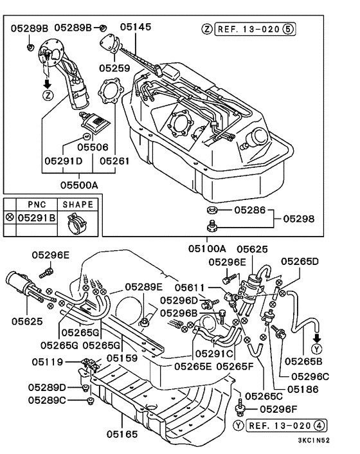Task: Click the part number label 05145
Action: pyautogui.click(x=136, y=27)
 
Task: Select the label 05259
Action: pyautogui.click(x=114, y=68)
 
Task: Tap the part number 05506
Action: pyautogui.click(x=93, y=147)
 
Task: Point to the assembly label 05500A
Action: pyautogui.click(x=79, y=185)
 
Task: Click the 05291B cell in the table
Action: pyautogui.click(x=37, y=218)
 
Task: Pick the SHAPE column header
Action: pyautogui.click(x=78, y=204)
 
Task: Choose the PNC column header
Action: pyautogui.click(x=37, y=204)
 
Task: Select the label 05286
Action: pyautogui.click(x=249, y=210)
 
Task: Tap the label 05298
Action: pyautogui.click(x=299, y=219)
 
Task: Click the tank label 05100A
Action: pyautogui.click(x=207, y=248)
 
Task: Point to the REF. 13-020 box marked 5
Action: pyautogui.click(x=255, y=29)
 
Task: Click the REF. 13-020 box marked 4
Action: pyautogui.click(x=286, y=425)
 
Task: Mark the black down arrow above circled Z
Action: pyautogui.click(x=47, y=84)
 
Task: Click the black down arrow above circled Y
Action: pyautogui.click(x=318, y=338)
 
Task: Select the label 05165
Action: pyautogui.click(x=122, y=434)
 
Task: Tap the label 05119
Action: pyautogui.click(x=48, y=362)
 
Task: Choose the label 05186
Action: pyautogui.click(x=303, y=390)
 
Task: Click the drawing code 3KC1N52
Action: pyautogui.click(x=314, y=440)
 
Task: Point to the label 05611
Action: pyautogui.click(x=190, y=288)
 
